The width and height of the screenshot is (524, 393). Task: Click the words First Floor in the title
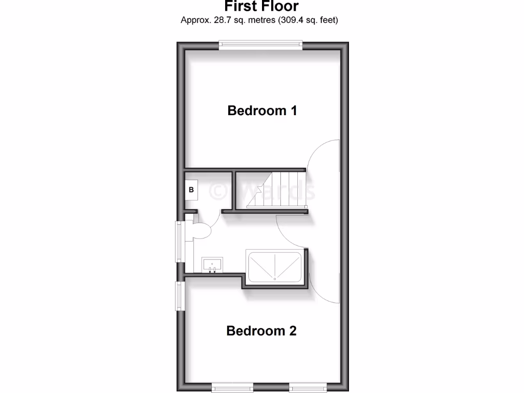pyautogui.click(x=261, y=7)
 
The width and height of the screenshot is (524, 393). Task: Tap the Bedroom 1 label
pyautogui.click(x=262, y=111)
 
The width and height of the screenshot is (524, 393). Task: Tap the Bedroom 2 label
pyautogui.click(x=261, y=331)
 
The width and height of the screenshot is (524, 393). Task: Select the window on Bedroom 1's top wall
pyautogui.click(x=261, y=46)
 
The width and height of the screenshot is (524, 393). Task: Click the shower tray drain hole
pyautogui.click(x=275, y=278)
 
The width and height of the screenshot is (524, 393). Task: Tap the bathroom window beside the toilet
pyautogui.click(x=179, y=241)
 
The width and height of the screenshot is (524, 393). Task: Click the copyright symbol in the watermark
pyautogui.click(x=218, y=191)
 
